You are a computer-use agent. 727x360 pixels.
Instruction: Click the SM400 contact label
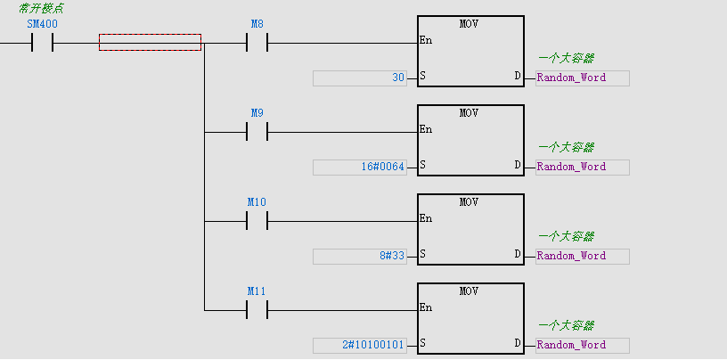pyautogui.click(x=42, y=24)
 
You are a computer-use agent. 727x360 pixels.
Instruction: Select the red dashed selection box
pyautogui.click(x=150, y=42)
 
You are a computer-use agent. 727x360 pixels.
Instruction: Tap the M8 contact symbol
pyautogui.click(x=257, y=42)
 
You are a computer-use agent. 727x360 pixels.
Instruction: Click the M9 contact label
pyautogui.click(x=257, y=113)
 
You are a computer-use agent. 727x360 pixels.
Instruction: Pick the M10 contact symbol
pyautogui.click(x=257, y=220)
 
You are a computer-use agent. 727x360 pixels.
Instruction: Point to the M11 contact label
pyautogui.click(x=257, y=291)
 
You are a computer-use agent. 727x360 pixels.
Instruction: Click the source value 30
pyautogui.click(x=398, y=78)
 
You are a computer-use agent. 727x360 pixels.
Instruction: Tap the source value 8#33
pyautogui.click(x=392, y=256)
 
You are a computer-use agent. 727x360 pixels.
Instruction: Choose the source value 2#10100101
pyautogui.click(x=373, y=345)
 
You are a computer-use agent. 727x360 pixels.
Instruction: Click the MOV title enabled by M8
pyautogui.click(x=470, y=24)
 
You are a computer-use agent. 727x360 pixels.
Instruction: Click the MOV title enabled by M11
pyautogui.click(x=470, y=291)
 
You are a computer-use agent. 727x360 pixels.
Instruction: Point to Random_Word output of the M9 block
pyautogui.click(x=571, y=167)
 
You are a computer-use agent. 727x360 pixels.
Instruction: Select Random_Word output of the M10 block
pyautogui.click(x=571, y=256)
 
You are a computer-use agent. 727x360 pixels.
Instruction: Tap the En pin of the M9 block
pyautogui.click(x=426, y=129)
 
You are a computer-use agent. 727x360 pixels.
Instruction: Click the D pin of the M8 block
pyautogui.click(x=518, y=77)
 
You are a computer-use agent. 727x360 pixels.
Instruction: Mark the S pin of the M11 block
pyautogui.click(x=422, y=344)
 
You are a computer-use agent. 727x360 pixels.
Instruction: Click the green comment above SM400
pyautogui.click(x=41, y=8)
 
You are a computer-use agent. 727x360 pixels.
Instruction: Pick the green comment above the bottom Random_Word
pyautogui.click(x=566, y=326)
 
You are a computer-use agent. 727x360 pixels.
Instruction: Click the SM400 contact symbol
pyautogui.click(x=42, y=42)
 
